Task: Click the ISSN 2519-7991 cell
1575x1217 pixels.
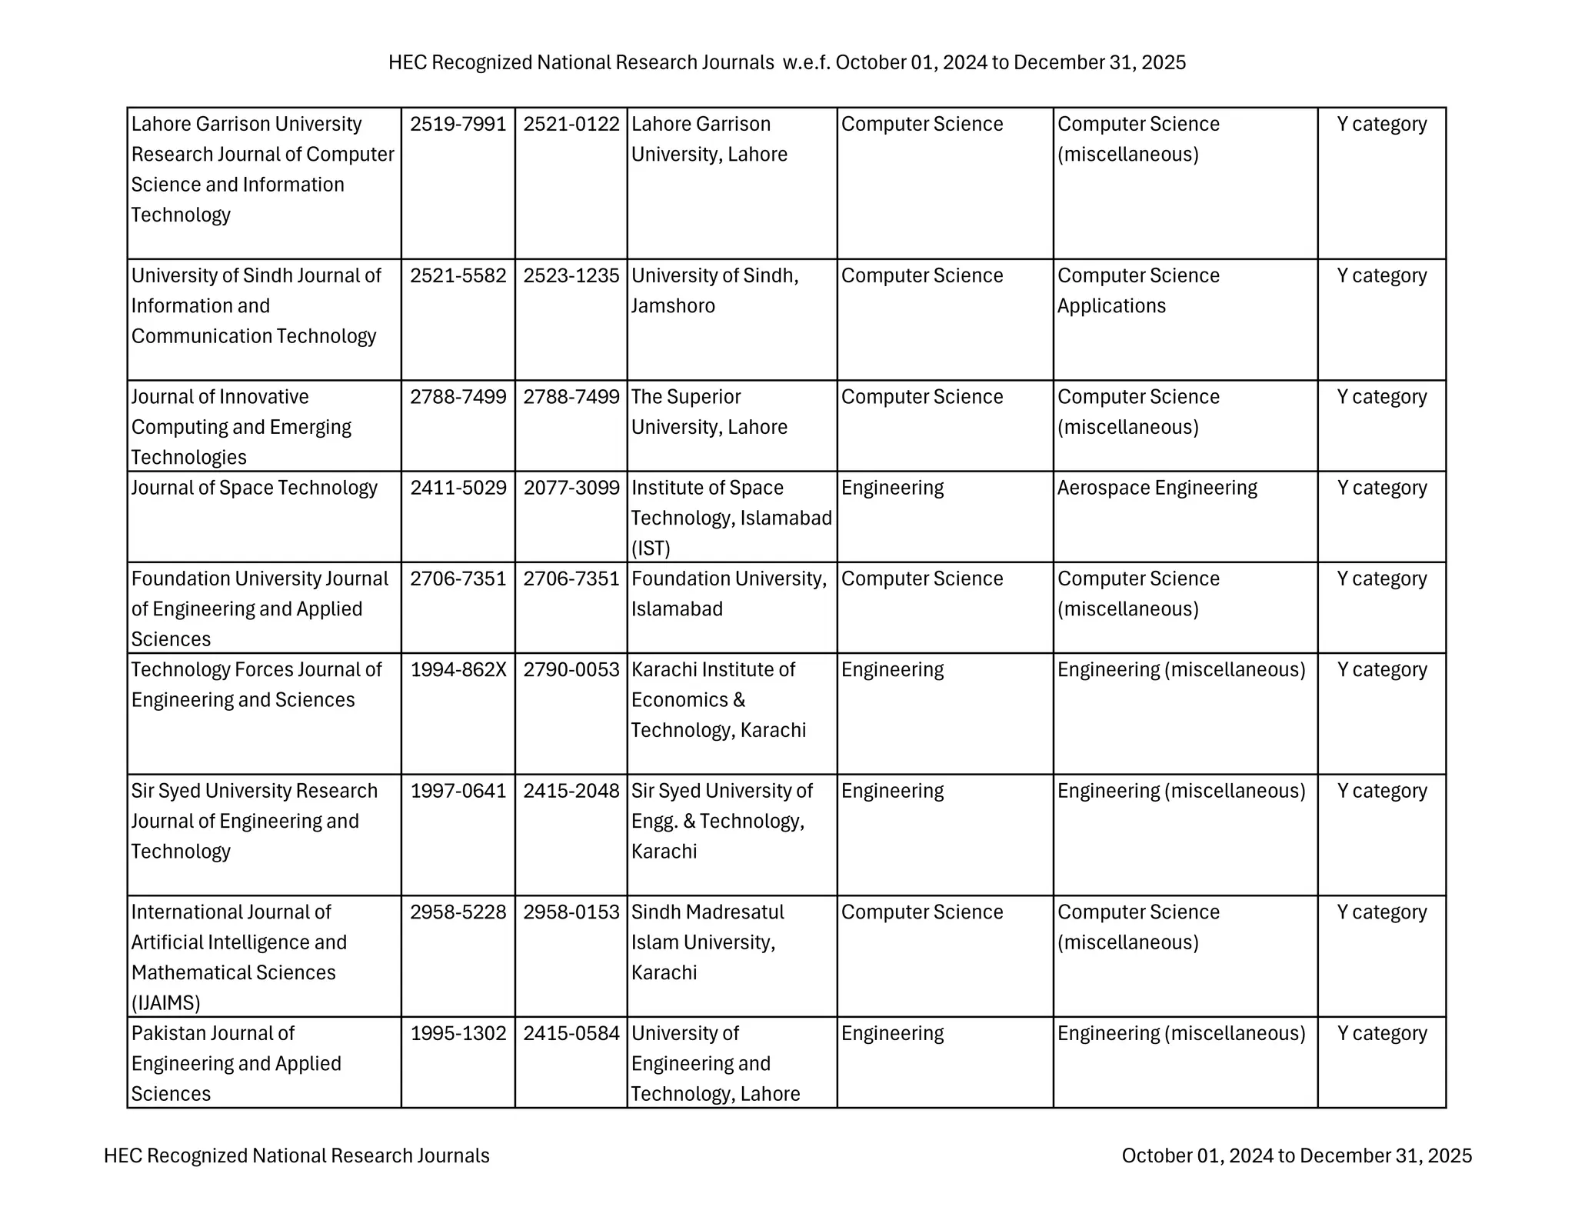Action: [x=458, y=124]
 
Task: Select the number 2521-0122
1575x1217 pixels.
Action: [x=571, y=124]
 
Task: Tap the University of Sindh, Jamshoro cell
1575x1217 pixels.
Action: [x=714, y=291]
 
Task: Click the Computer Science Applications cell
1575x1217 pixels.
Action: [x=1137, y=291]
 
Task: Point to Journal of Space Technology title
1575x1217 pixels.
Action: [x=254, y=488]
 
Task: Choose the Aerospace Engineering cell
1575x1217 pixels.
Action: [x=1157, y=488]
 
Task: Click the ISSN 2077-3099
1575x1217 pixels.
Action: [x=571, y=488]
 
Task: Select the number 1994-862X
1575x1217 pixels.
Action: [x=458, y=669]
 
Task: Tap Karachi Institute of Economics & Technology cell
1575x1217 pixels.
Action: [x=718, y=699]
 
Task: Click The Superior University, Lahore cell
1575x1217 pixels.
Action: [x=709, y=412]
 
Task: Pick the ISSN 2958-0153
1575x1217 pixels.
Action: [x=571, y=912]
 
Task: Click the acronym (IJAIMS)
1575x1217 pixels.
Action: [x=165, y=1002]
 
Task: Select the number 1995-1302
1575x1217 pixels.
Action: [x=458, y=1033]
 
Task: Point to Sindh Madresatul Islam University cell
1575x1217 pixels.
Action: [x=708, y=942]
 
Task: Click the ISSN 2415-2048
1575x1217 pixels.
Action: [x=571, y=791]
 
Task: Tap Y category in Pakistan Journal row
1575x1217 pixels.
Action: [x=1381, y=1033]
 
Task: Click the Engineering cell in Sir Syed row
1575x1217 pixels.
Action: [x=892, y=791]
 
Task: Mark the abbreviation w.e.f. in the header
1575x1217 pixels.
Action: [x=806, y=62]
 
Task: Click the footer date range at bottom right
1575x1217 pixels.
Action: [x=1296, y=1155]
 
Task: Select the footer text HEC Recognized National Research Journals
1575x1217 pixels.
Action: [x=296, y=1155]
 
